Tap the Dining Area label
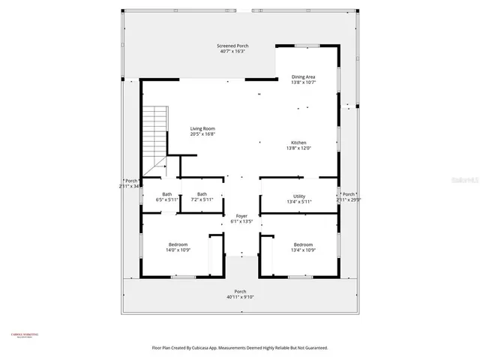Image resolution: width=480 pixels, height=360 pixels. tap(303, 76)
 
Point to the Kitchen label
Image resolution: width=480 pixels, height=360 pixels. tap(298, 143)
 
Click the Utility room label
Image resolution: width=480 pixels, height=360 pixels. tap(298, 196)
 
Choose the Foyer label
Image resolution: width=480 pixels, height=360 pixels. tap(241, 216)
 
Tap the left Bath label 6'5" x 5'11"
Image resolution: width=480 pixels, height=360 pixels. tap(166, 195)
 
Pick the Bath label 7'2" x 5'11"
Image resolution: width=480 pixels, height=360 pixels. tap(202, 195)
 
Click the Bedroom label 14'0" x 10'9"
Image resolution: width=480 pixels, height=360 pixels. tap(178, 245)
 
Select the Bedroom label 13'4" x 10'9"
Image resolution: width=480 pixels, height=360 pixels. tap(303, 245)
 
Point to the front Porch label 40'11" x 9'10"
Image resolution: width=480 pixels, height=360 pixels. tap(240, 292)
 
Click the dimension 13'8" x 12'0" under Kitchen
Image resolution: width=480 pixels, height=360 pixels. tap(298, 148)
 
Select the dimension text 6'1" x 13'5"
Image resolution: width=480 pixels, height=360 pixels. tap(241, 221)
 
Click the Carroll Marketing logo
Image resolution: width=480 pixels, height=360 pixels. tap(24, 335)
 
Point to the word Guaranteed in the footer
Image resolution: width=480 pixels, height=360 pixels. tap(313, 348)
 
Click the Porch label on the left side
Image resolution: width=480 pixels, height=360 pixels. tap(131, 181)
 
